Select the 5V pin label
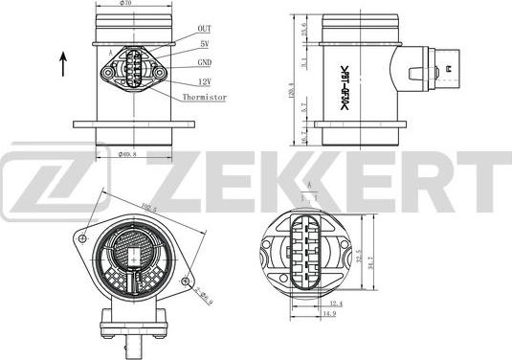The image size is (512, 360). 204,45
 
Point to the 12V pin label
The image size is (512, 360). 205,80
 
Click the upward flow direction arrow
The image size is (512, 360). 63,65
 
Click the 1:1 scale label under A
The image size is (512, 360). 309,196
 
